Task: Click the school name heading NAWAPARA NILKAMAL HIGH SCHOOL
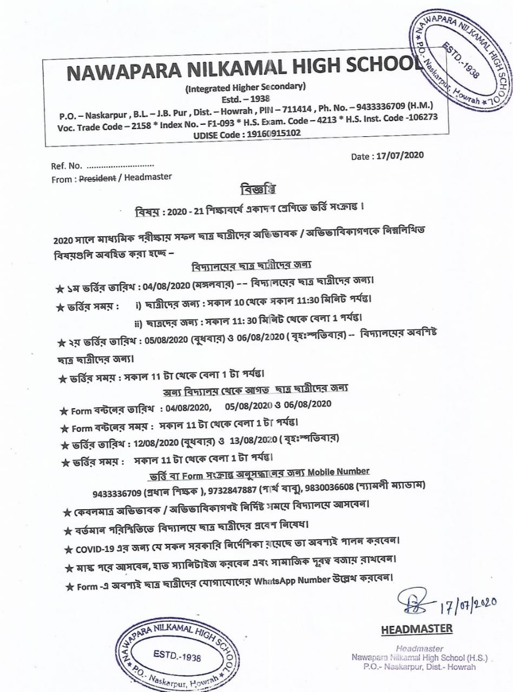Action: click(x=243, y=72)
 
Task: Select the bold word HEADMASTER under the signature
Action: click(x=417, y=629)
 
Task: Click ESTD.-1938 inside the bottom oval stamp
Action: click(x=177, y=657)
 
